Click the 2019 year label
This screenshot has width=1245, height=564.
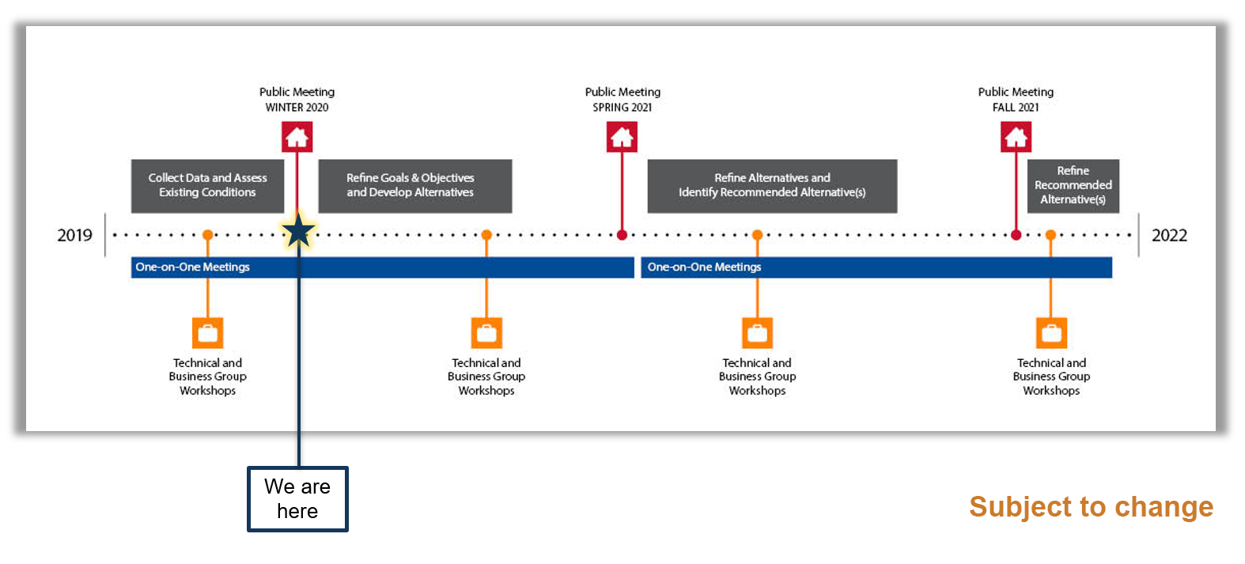[74, 235]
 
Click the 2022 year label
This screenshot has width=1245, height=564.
[1169, 235]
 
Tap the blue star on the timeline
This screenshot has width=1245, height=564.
[298, 231]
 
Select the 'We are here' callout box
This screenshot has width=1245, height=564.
[297, 499]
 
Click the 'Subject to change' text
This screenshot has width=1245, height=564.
[1091, 506]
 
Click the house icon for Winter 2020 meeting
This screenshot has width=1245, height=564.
[297, 138]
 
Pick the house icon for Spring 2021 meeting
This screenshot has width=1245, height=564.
[622, 138]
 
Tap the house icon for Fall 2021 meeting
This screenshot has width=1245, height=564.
[1016, 138]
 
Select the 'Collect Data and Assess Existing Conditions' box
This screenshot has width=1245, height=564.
[207, 186]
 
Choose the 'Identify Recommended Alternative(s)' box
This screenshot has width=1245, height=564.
[772, 186]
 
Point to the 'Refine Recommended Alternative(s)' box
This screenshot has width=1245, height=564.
[1073, 186]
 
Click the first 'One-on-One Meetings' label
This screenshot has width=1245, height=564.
[192, 267]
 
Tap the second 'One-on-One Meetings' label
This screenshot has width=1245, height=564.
[704, 267]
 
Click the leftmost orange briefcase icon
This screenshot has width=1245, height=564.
[208, 333]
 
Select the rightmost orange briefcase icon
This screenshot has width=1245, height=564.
[1051, 333]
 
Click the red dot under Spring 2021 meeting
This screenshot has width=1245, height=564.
[622, 235]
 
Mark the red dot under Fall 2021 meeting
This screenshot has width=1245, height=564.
[1016, 235]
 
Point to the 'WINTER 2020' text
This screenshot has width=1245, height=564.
[297, 108]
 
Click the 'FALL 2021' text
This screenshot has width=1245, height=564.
[1016, 108]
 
